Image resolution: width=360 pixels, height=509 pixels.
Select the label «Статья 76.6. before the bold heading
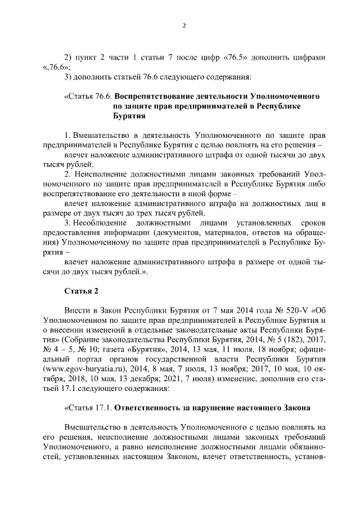tap(88, 97)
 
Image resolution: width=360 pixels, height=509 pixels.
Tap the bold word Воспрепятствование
tap(161, 97)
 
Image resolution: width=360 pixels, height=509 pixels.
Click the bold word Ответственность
tap(150, 407)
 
